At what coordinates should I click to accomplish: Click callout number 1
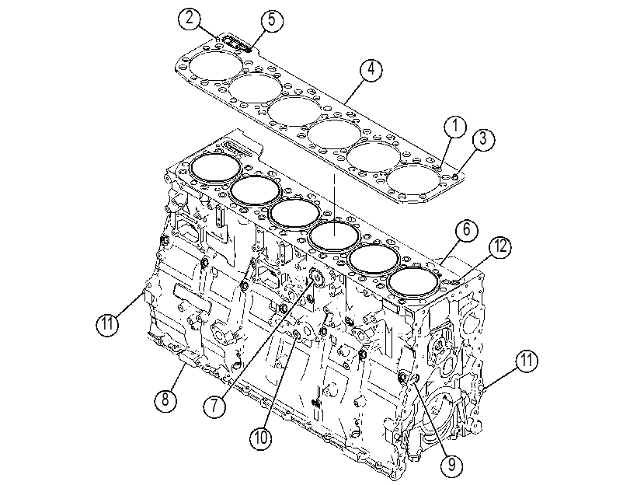point(455,127)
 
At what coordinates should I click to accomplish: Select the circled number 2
point(190,19)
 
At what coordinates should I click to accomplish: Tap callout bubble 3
point(483,139)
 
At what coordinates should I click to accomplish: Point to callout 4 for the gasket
point(371,70)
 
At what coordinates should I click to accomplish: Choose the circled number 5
point(272,19)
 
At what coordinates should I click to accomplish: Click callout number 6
point(466,229)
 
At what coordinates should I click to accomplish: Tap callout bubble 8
point(166,400)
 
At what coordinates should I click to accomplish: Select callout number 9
point(451,465)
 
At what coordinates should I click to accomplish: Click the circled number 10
point(261,438)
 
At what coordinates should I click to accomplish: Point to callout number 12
point(500,246)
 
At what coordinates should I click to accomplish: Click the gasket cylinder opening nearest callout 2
point(216,65)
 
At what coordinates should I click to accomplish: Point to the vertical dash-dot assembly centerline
point(334,205)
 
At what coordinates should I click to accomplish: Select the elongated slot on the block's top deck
point(237,148)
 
